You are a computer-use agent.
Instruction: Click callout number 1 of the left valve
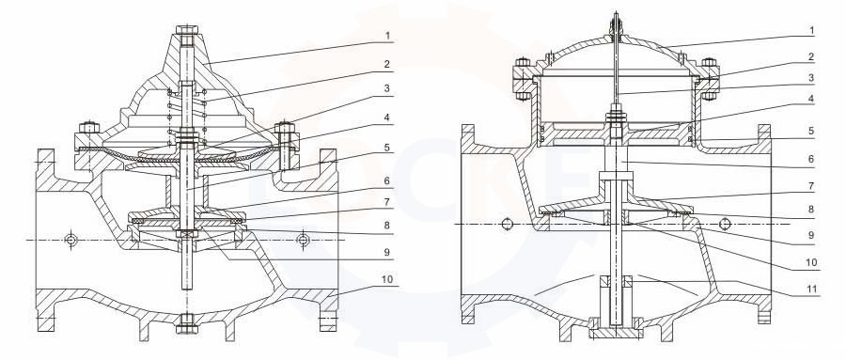pos(387,36)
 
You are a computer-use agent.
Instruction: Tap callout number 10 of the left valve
pos(387,279)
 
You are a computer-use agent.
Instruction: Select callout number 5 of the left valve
pos(387,148)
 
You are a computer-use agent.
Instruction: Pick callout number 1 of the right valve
pos(811,31)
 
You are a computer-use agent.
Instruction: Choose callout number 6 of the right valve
pos(811,160)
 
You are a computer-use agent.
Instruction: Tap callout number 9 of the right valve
pos(811,235)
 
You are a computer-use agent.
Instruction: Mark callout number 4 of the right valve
pos(811,100)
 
